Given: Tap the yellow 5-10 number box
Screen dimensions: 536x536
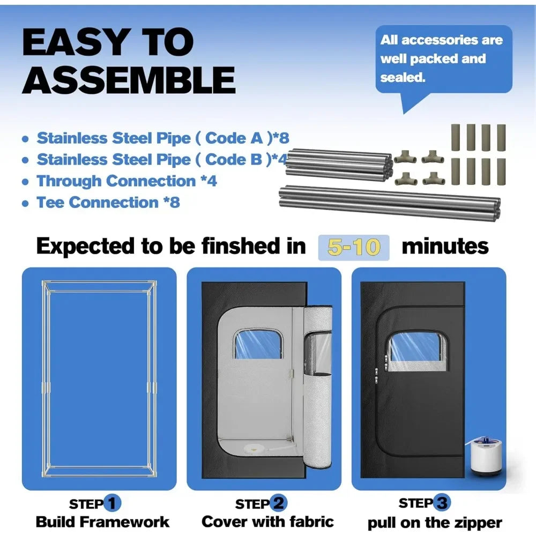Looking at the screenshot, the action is coord(354,248).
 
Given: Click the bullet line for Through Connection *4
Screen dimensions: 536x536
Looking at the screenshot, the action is coord(120,181).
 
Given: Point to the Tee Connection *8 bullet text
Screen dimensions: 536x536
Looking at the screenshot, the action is coord(101,203).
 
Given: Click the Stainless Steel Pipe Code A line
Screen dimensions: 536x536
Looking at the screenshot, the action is coord(155,138).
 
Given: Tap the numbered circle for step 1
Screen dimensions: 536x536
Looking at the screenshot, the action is coord(112,503).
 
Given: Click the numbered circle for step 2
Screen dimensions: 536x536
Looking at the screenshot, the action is coord(278,503).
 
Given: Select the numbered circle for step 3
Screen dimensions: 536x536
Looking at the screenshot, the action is coord(442,503).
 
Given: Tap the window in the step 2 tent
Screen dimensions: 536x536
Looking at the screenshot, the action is coord(258,344).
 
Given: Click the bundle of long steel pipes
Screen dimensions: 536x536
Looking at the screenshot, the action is coord(390,203).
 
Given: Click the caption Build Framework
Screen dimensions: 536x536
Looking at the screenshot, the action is coord(102,522).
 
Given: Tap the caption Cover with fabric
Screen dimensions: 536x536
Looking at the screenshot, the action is coord(267,522).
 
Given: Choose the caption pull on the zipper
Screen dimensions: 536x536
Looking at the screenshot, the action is coord(435,523).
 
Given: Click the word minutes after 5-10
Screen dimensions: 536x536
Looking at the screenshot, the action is coord(445,247).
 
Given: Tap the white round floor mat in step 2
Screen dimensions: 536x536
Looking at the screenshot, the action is coord(252,448).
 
